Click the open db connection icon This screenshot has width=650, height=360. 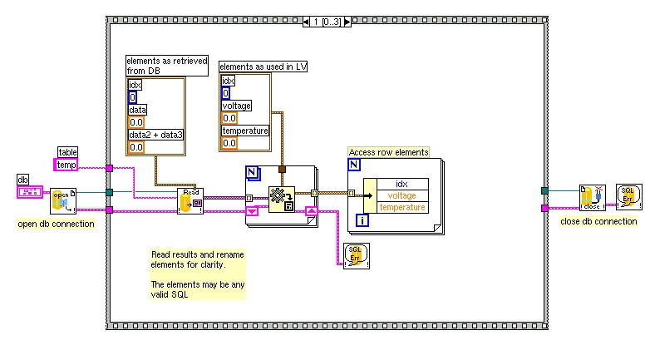[x=63, y=200]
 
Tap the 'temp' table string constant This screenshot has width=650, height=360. [x=67, y=165]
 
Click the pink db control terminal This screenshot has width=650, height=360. [x=30, y=192]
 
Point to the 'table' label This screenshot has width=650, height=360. [x=67, y=151]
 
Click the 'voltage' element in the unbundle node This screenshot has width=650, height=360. [x=402, y=195]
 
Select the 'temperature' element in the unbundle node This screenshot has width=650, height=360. [x=402, y=207]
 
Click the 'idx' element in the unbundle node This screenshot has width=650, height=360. [x=402, y=184]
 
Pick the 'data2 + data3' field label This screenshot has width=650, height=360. [x=155, y=134]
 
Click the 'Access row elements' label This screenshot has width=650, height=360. [x=389, y=152]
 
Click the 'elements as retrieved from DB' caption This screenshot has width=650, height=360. [x=165, y=66]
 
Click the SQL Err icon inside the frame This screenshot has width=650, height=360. [x=355, y=254]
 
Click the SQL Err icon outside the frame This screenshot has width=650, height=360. [x=628, y=197]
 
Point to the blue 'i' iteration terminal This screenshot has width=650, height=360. [x=362, y=220]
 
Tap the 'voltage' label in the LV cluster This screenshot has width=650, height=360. [x=236, y=106]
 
